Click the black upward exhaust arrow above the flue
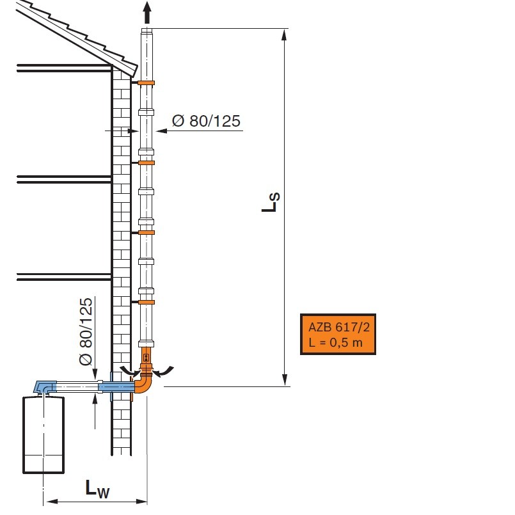pos(147,13)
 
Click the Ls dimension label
pos(271,202)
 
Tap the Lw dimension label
pos(97,489)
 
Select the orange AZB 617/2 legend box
pos(338,334)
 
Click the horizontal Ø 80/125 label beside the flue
pos(206,121)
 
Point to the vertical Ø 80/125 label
pos(86,331)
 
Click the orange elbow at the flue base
pos(143,384)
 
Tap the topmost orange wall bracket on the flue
pos(146,83)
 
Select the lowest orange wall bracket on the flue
pos(146,302)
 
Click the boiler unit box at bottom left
pos(44,435)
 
